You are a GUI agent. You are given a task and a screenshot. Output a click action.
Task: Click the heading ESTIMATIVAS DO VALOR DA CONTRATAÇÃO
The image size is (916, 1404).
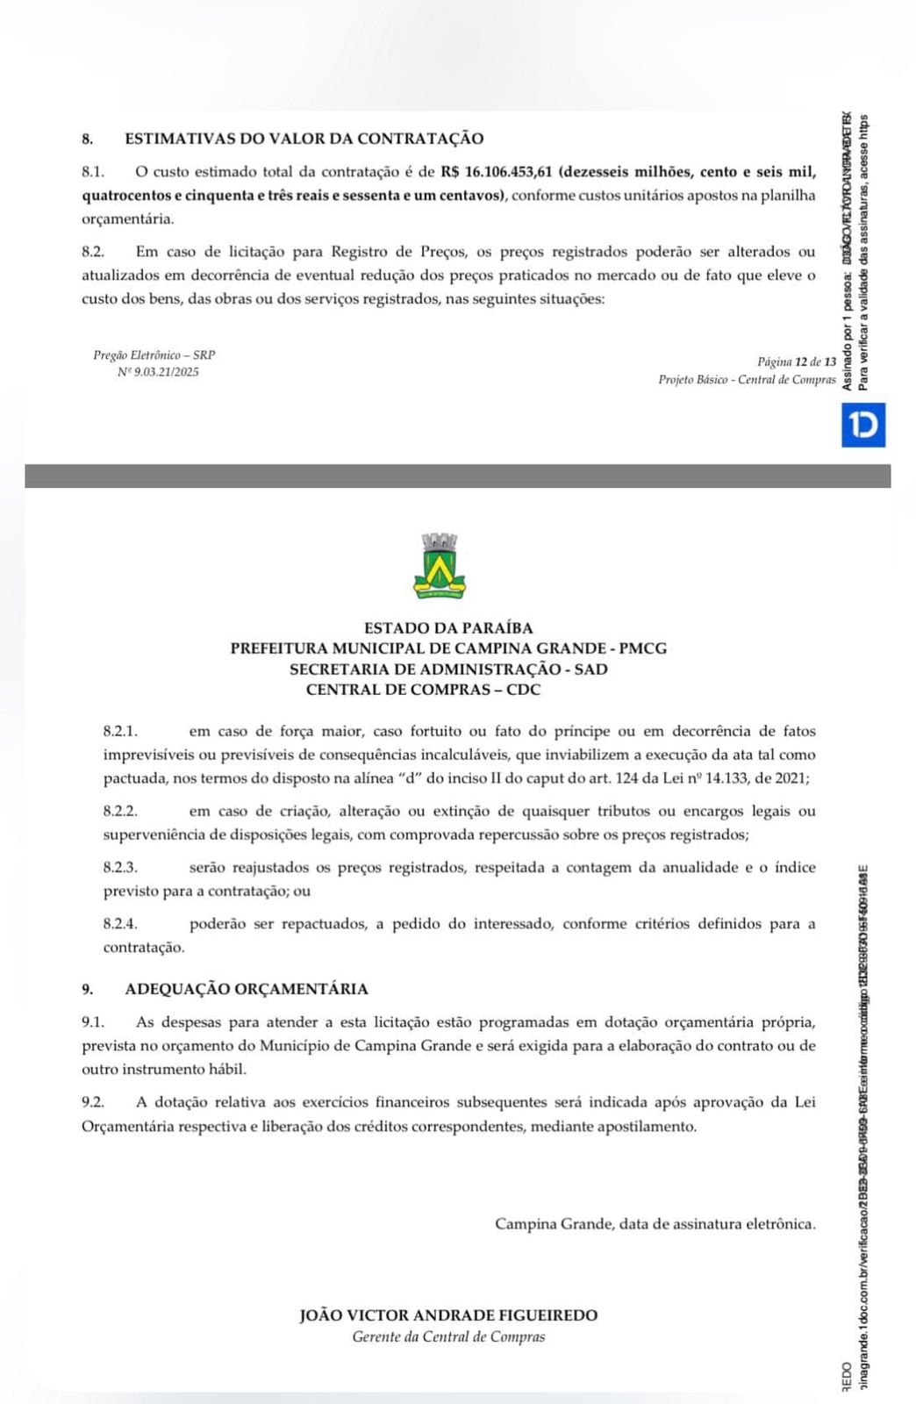[304, 139]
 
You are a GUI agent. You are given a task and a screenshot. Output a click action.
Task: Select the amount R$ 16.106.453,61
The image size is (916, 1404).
[497, 171]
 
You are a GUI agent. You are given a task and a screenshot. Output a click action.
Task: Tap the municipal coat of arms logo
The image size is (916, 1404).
[440, 567]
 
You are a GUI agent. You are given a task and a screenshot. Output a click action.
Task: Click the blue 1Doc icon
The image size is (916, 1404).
[863, 425]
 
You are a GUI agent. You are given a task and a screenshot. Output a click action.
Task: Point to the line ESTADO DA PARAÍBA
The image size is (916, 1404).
[448, 628]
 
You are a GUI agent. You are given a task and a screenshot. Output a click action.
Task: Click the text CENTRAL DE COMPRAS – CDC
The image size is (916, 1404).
[423, 690]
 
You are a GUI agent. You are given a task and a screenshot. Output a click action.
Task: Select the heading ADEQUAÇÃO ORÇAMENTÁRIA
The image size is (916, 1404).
[247, 989]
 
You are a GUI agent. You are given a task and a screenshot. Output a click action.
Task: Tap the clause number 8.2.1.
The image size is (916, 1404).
[121, 731]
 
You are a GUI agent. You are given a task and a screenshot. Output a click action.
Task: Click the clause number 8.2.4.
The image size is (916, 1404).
[121, 924]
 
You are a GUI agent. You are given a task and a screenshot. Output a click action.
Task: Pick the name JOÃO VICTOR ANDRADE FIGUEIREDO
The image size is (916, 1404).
[448, 1315]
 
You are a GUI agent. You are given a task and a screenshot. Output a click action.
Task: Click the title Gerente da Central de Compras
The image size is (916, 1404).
[448, 1337]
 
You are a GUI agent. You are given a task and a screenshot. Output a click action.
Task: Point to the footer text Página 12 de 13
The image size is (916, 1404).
[797, 362]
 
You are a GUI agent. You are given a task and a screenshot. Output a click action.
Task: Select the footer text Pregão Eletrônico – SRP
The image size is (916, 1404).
[154, 355]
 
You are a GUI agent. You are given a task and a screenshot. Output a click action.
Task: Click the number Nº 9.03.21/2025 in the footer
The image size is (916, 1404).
[158, 372]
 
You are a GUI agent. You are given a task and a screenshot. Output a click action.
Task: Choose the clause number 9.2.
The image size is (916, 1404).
[93, 1102]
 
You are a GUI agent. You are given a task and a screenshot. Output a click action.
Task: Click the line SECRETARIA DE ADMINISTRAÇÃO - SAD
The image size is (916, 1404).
[448, 670]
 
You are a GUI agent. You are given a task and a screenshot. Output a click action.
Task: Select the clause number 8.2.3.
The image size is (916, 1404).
[121, 868]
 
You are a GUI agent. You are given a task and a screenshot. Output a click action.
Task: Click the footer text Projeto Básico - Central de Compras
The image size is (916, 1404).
[747, 380]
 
